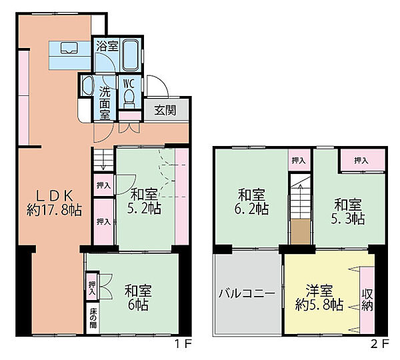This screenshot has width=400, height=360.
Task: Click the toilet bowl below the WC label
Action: (x=129, y=98)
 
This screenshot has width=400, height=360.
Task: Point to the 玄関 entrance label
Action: (x=165, y=111)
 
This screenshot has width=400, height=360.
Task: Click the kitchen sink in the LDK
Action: (x=69, y=49)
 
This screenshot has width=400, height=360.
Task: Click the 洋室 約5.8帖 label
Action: (x=320, y=298)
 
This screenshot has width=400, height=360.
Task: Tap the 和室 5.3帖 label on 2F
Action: (x=349, y=211)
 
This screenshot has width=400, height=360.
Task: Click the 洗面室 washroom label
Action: (x=105, y=102)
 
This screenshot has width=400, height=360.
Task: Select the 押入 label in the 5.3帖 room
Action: (x=361, y=161)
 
